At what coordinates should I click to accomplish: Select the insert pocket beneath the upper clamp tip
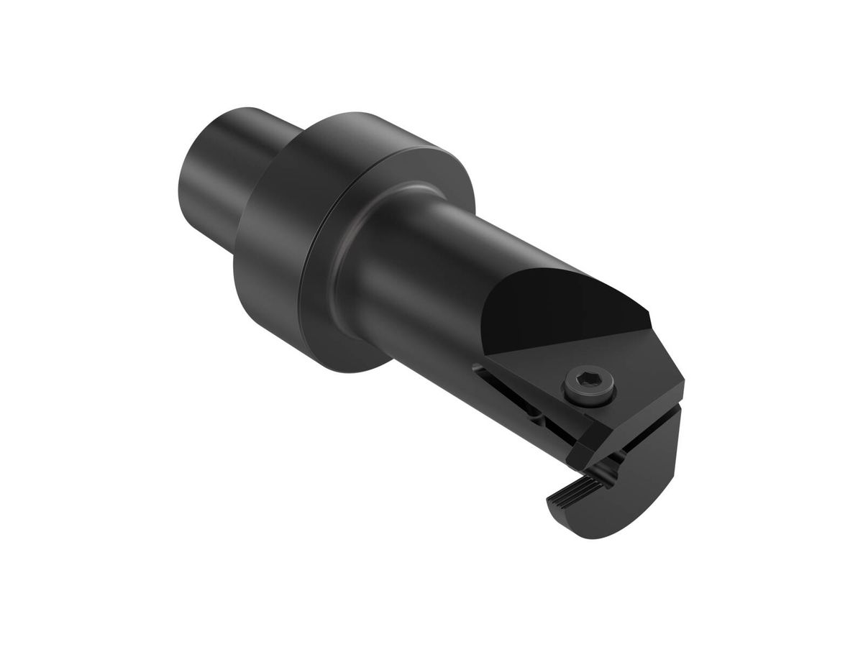coord(611,467)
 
